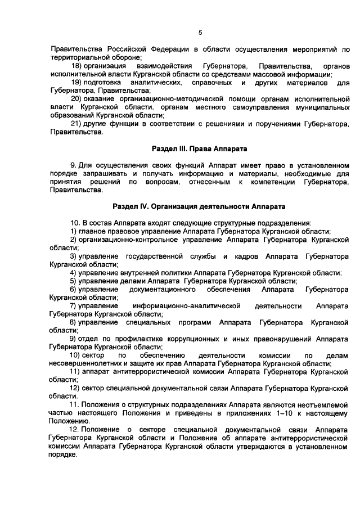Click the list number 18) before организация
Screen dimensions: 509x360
(x=78, y=66)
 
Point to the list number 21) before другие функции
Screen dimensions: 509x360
(x=78, y=124)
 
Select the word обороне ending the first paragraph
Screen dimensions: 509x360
(x=125, y=57)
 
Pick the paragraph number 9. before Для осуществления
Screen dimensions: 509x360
(x=73, y=165)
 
